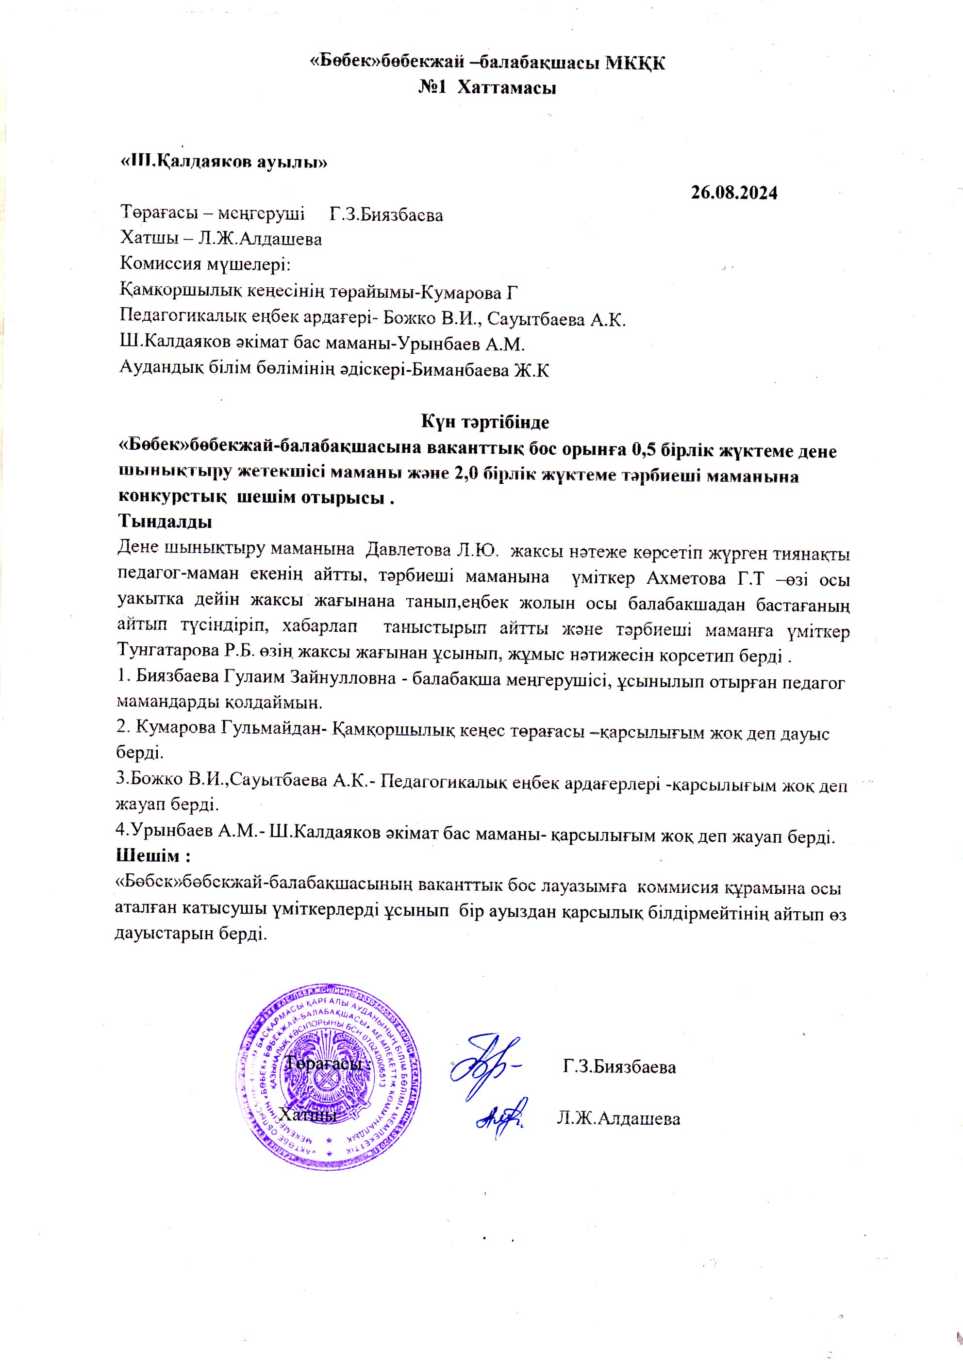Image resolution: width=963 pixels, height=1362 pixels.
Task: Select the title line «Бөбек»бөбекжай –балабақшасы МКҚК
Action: pyautogui.click(x=489, y=63)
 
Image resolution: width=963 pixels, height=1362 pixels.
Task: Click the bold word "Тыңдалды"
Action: pyautogui.click(x=166, y=523)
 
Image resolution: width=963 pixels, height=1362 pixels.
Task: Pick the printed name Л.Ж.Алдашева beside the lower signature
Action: pyautogui.click(x=618, y=1119)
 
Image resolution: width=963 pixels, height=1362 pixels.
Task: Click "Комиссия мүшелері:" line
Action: pyautogui.click(x=205, y=265)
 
